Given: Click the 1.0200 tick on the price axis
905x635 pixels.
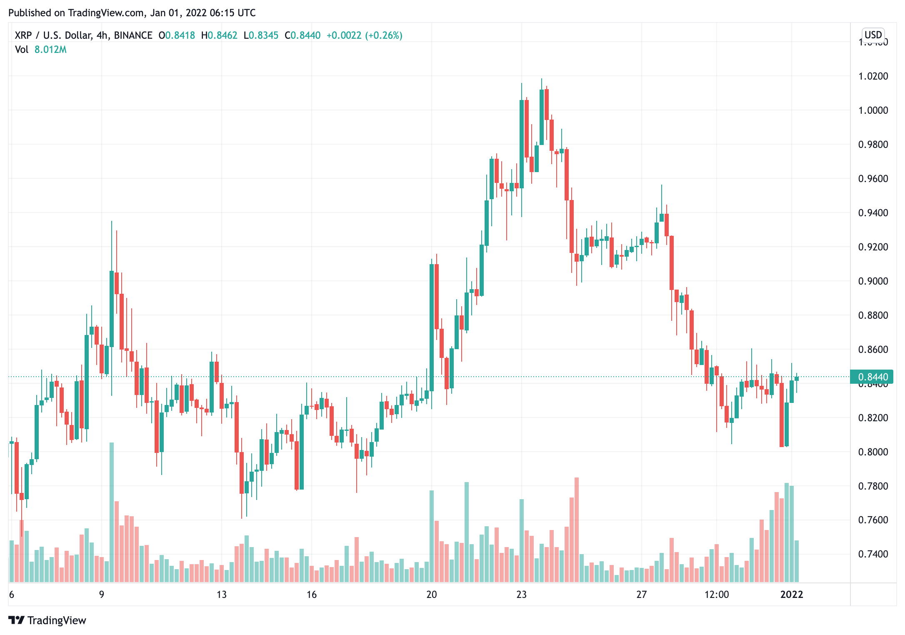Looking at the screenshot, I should (x=873, y=76).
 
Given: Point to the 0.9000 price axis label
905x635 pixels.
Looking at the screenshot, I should (x=873, y=281).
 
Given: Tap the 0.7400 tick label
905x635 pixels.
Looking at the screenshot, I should (x=873, y=554).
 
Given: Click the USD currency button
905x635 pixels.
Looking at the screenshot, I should (x=873, y=35).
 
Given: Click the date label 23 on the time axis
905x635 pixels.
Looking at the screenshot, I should (x=521, y=595).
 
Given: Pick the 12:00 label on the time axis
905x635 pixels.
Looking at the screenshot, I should (x=716, y=595).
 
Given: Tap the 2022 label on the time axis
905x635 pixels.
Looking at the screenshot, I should (x=791, y=595).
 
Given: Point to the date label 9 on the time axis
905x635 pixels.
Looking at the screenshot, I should (x=102, y=595).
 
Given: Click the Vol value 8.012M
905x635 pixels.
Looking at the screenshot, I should (x=50, y=50).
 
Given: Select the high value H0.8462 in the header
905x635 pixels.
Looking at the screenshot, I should (x=219, y=35).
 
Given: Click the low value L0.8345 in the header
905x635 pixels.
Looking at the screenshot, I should (x=261, y=35).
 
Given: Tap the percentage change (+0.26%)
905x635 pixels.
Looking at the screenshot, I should (x=384, y=35).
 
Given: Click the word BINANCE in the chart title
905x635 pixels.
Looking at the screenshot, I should (x=133, y=35).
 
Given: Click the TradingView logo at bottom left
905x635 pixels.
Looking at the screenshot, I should (x=47, y=620).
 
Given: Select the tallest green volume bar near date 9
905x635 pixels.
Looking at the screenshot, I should (x=112, y=512).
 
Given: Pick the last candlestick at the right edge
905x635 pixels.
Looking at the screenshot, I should (x=797, y=378).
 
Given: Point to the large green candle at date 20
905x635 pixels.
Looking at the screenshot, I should (x=432, y=327).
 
